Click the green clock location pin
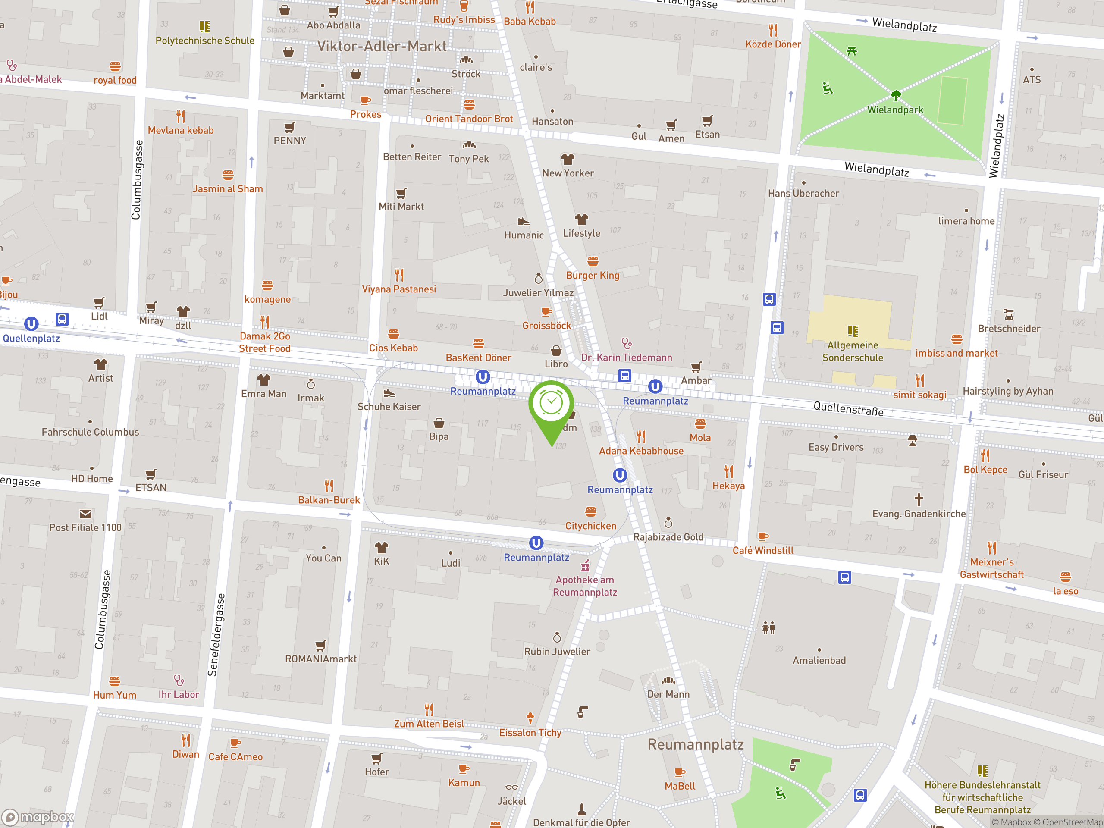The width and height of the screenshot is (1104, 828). pos(551,404)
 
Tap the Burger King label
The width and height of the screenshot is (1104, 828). pos(593,276)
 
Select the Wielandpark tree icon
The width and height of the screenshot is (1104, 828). pos(896,95)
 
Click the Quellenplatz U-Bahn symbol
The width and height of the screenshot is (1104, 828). pos(31,324)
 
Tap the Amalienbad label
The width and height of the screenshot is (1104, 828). pos(819,660)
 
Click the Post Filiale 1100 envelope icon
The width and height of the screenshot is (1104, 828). pos(85,514)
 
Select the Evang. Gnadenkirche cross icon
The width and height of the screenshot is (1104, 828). pos(919,499)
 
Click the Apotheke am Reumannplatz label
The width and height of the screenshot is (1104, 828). pos(585,586)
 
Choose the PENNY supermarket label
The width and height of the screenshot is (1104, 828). pos(289,141)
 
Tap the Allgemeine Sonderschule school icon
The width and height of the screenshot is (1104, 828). pos(853,331)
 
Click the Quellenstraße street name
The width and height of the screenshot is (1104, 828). pos(848,409)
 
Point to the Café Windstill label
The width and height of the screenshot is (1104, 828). pos(762,551)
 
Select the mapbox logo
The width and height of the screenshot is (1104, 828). pos(38,817)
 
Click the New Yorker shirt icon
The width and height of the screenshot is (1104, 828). pos(568,159)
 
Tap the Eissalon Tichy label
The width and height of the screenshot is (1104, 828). pos(530,733)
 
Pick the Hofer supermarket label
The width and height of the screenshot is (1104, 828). pos(376,772)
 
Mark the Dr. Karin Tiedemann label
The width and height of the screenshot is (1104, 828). pos(626,358)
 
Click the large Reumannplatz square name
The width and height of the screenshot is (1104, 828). pos(695,744)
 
